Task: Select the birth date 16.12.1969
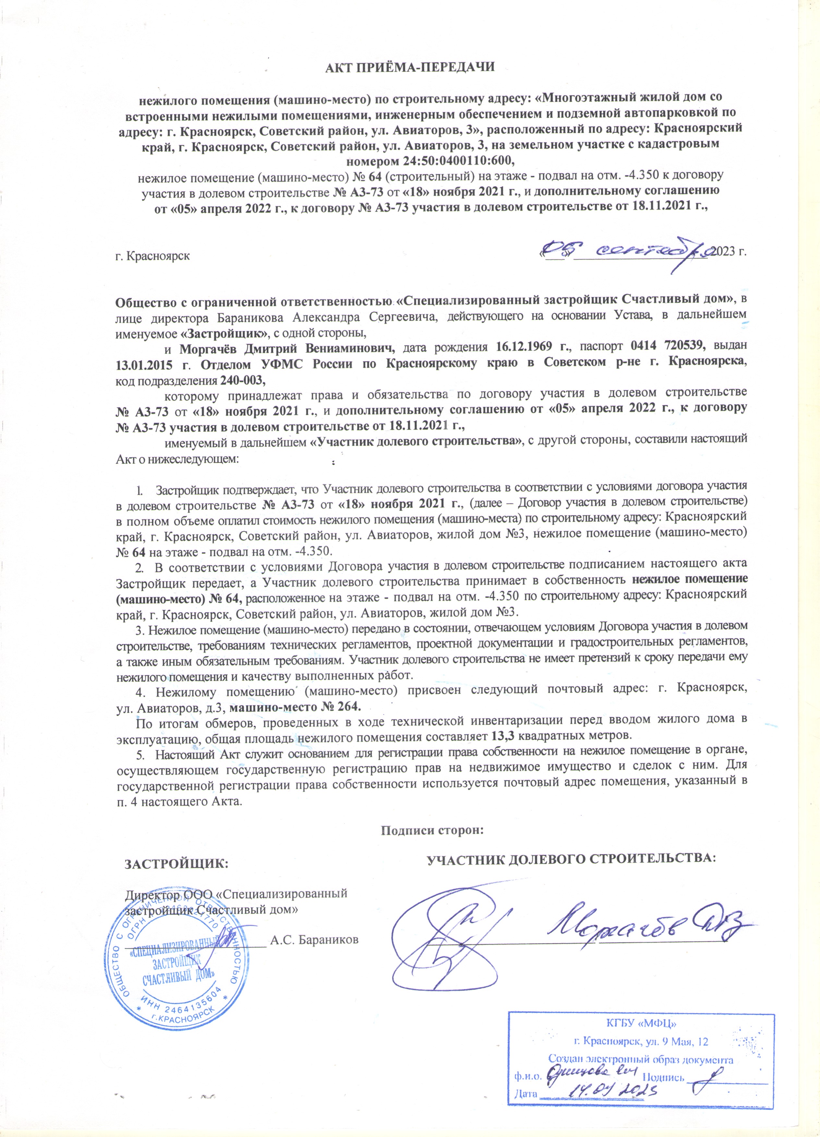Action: pos(530,346)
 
